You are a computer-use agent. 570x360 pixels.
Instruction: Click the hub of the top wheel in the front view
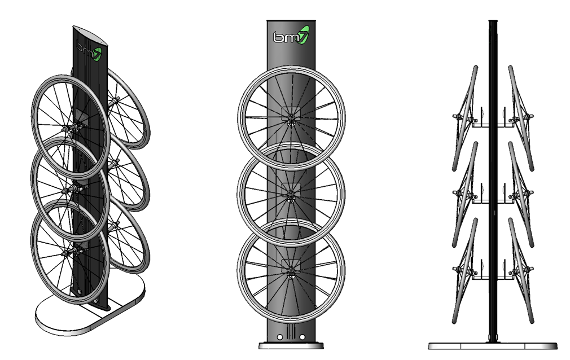click(291, 117)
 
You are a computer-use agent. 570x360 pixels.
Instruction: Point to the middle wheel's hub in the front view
click(291, 195)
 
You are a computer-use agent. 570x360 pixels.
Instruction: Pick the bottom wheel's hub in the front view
click(291, 274)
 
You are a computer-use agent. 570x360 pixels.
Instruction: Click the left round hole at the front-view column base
click(279, 337)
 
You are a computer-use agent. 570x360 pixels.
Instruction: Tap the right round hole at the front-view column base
click(302, 337)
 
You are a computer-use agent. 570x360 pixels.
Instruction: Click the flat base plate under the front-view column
click(291, 345)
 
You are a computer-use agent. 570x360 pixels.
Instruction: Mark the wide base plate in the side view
click(493, 345)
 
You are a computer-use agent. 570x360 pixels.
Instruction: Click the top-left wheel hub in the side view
click(460, 117)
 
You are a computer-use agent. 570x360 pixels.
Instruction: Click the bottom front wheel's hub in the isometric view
click(72, 249)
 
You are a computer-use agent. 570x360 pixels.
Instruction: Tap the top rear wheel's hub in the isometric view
click(115, 102)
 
